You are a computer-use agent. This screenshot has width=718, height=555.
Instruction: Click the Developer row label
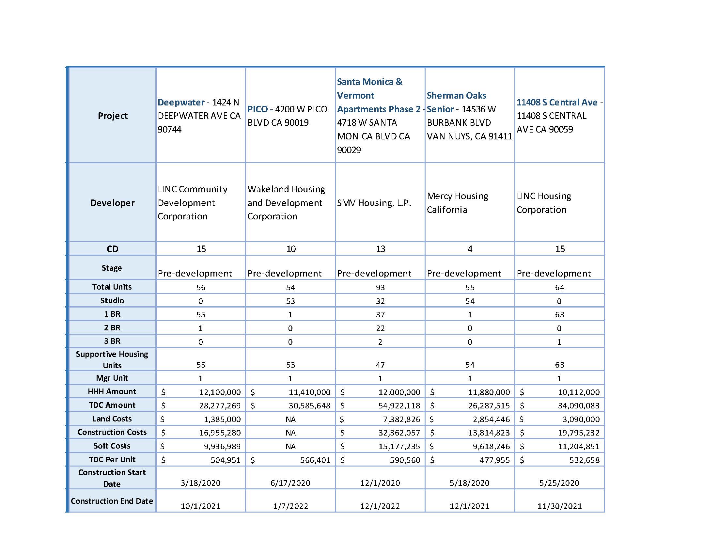(x=113, y=203)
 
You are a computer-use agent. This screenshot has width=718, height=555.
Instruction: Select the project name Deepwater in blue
(x=181, y=102)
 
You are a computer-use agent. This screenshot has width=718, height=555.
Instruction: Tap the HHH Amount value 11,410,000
(x=309, y=392)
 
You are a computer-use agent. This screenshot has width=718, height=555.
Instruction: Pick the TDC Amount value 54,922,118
(x=399, y=405)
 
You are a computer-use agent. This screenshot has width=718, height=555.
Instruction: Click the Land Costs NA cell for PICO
(x=290, y=419)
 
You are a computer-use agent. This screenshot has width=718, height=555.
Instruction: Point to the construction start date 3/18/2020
(x=200, y=483)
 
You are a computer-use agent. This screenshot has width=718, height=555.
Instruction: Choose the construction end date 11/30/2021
(x=559, y=506)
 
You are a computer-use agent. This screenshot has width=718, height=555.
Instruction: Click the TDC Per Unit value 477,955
(x=494, y=460)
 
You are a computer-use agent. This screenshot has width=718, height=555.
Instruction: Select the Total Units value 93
(x=380, y=287)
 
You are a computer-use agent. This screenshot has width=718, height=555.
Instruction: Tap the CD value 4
(x=470, y=249)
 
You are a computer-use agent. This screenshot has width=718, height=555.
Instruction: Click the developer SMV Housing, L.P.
(x=374, y=203)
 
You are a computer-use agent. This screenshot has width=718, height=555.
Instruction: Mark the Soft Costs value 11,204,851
(x=579, y=446)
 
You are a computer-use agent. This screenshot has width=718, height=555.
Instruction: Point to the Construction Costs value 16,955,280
(x=220, y=433)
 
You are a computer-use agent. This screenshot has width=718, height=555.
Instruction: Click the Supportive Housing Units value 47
(x=380, y=365)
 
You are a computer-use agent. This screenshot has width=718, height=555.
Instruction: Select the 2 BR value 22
(x=380, y=328)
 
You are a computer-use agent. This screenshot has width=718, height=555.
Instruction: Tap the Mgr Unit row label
(x=112, y=378)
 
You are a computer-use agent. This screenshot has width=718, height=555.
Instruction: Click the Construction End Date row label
(x=112, y=501)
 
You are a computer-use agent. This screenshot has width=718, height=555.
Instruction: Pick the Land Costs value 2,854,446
(x=489, y=419)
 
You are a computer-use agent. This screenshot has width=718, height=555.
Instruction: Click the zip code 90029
(x=349, y=150)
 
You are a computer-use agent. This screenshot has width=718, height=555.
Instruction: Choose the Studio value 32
(x=380, y=301)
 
